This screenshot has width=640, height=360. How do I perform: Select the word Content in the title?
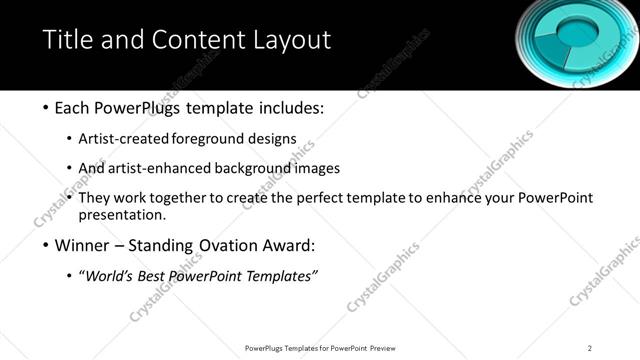[197, 40]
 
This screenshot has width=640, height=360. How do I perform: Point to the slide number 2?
[590, 347]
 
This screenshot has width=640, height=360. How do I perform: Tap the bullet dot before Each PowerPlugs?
[47, 107]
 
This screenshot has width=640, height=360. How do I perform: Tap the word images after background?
[317, 168]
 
